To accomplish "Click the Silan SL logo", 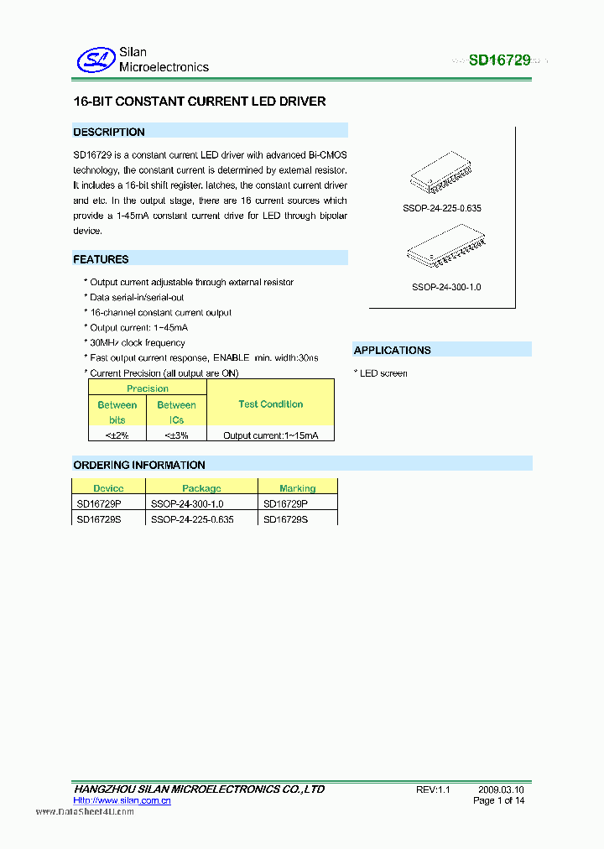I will pyautogui.click(x=94, y=60).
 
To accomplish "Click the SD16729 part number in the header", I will pyautogui.click(x=498, y=60).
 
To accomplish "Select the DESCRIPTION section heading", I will pyautogui.click(x=109, y=132).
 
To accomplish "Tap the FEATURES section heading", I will pyautogui.click(x=101, y=259).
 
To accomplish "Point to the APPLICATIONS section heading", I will pyautogui.click(x=392, y=350).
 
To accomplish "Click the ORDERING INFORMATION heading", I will pyautogui.click(x=139, y=465).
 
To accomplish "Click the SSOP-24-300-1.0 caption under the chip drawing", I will pyautogui.click(x=446, y=287).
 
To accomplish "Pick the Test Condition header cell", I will pyautogui.click(x=270, y=404).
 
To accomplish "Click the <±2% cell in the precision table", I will pyautogui.click(x=117, y=435).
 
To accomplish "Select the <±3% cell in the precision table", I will pyautogui.click(x=176, y=435).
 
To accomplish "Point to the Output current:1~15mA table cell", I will pyautogui.click(x=270, y=435).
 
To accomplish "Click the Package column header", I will pyautogui.click(x=201, y=488).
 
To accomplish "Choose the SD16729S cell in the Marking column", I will pyautogui.click(x=286, y=519).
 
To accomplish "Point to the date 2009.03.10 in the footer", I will pyautogui.click(x=502, y=789).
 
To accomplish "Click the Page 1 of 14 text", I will pyautogui.click(x=499, y=801).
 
